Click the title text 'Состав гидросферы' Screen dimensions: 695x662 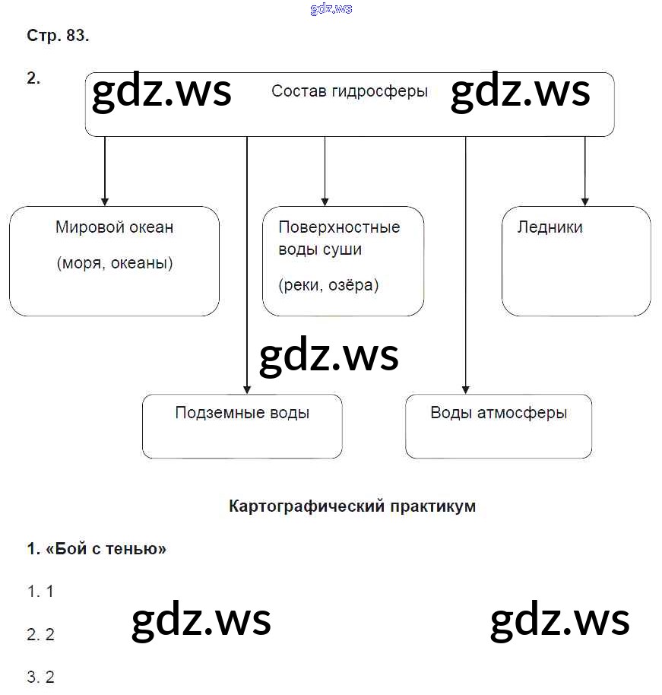click(x=349, y=91)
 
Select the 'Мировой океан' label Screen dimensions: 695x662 click(x=114, y=227)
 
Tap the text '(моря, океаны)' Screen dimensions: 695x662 click(x=114, y=263)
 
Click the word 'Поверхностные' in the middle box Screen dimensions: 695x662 click(x=339, y=227)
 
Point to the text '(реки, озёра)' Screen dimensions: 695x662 click(x=328, y=285)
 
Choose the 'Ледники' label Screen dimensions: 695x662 click(x=550, y=227)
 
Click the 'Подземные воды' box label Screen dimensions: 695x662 click(x=242, y=413)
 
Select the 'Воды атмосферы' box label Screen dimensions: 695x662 click(x=499, y=413)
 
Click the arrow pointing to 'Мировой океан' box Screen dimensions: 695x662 click(x=105, y=200)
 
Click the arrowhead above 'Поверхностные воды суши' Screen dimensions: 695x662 click(x=325, y=200)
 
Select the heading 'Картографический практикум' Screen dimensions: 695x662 click(x=352, y=506)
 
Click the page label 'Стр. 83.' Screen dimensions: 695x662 click(x=58, y=36)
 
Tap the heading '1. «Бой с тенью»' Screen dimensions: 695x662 click(x=97, y=548)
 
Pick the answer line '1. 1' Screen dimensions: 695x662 click(x=40, y=591)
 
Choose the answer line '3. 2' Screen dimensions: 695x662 click(x=40, y=677)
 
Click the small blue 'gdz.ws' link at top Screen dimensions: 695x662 click(x=331, y=9)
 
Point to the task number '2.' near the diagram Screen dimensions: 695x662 click(x=33, y=78)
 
